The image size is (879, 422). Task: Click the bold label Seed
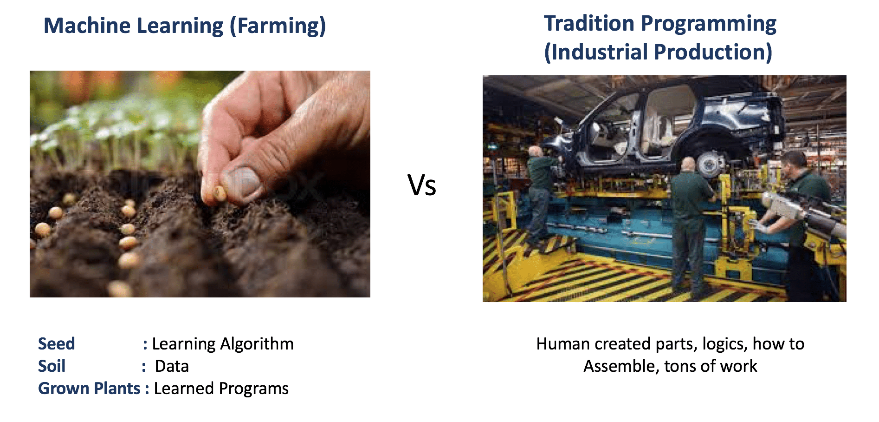(x=56, y=343)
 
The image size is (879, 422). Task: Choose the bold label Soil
(x=52, y=366)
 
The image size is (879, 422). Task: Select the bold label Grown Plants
(x=89, y=388)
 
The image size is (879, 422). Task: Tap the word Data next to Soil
(x=172, y=366)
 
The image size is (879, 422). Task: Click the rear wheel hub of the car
(x=708, y=164)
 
